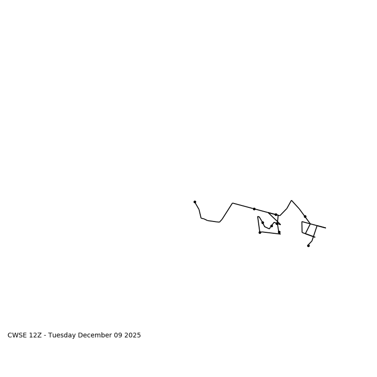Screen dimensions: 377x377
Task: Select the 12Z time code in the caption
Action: click(36, 336)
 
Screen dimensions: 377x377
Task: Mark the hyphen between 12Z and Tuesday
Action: click(45, 336)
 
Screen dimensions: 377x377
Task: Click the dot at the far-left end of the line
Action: click(195, 202)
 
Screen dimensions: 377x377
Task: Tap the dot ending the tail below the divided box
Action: click(308, 246)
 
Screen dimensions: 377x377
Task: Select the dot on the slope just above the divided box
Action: click(305, 216)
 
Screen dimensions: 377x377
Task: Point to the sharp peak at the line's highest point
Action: click(292, 200)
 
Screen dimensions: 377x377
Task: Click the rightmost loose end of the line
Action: click(326, 228)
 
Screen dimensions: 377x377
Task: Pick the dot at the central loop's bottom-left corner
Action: click(260, 232)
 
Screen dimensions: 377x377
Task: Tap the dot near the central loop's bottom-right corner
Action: click(279, 232)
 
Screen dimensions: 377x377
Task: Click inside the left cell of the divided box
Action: click(305, 227)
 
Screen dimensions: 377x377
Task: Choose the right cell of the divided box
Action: click(311, 230)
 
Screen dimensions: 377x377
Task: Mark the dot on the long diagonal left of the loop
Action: click(254, 209)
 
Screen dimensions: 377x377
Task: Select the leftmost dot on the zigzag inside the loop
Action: click(262, 222)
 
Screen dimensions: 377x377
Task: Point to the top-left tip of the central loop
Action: click(258, 217)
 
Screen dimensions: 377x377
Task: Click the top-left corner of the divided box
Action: click(302, 221)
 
